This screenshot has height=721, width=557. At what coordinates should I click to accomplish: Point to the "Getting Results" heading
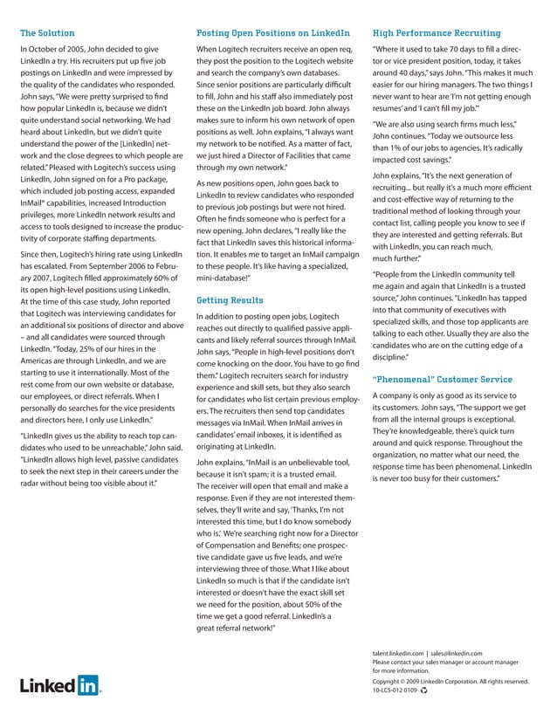point(230,299)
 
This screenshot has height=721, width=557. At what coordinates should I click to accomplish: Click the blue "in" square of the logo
point(87,684)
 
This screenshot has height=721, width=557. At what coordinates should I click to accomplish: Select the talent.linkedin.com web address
point(397,653)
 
